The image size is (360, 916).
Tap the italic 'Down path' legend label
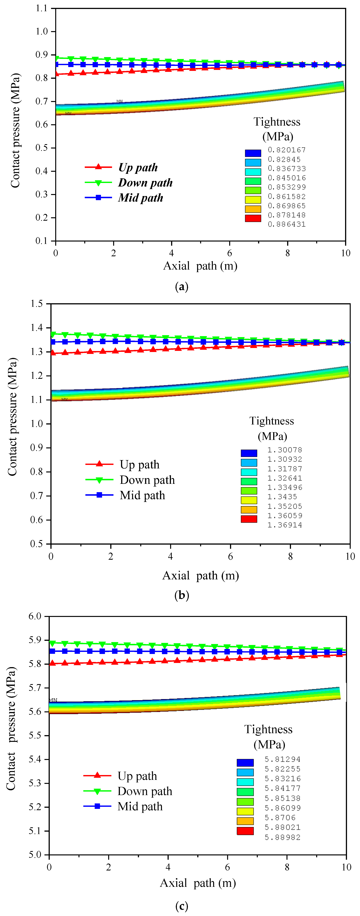coord(145,183)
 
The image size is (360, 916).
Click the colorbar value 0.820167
coord(286,150)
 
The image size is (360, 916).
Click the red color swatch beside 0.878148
coord(253,218)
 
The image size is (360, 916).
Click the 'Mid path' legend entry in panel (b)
coord(142,495)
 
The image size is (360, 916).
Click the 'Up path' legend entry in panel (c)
coord(137,776)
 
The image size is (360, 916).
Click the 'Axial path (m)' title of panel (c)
coord(198,883)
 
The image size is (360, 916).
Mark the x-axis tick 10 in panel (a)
coord(345,253)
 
